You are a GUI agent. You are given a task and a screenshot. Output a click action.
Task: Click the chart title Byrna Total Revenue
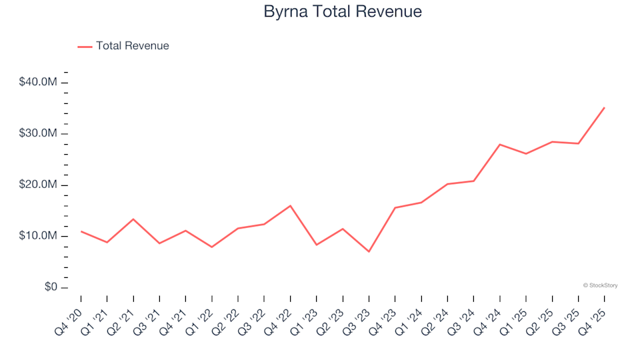(x=343, y=12)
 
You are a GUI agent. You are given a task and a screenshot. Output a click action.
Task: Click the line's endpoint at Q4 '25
(x=604, y=107)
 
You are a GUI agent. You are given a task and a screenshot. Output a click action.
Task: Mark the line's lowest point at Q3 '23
(x=369, y=251)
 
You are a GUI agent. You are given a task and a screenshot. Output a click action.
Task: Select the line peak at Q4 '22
(x=290, y=205)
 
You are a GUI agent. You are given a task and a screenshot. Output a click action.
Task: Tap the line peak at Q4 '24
(x=499, y=144)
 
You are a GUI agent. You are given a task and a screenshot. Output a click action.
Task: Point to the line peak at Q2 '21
(x=133, y=219)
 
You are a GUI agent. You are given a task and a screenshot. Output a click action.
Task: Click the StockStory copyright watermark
(x=600, y=285)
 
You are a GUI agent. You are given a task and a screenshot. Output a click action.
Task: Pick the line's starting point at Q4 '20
(x=81, y=231)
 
